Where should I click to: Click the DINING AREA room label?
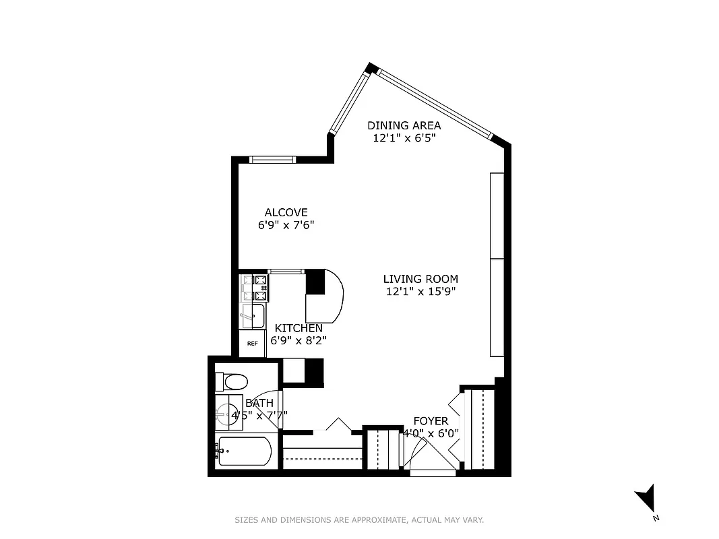point(404,125)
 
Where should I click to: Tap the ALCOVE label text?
point(286,212)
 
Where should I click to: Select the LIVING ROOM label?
point(420,279)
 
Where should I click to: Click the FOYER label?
point(431,421)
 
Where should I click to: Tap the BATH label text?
point(259,403)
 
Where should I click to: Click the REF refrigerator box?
point(253,344)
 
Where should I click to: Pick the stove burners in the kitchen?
point(255,287)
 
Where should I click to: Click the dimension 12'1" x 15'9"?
point(420,292)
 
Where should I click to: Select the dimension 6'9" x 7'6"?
point(286,226)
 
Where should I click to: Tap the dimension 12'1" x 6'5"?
point(404,138)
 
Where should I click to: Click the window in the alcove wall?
point(272,160)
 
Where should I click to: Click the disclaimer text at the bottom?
point(359,520)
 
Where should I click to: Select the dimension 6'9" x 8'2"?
point(299,341)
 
